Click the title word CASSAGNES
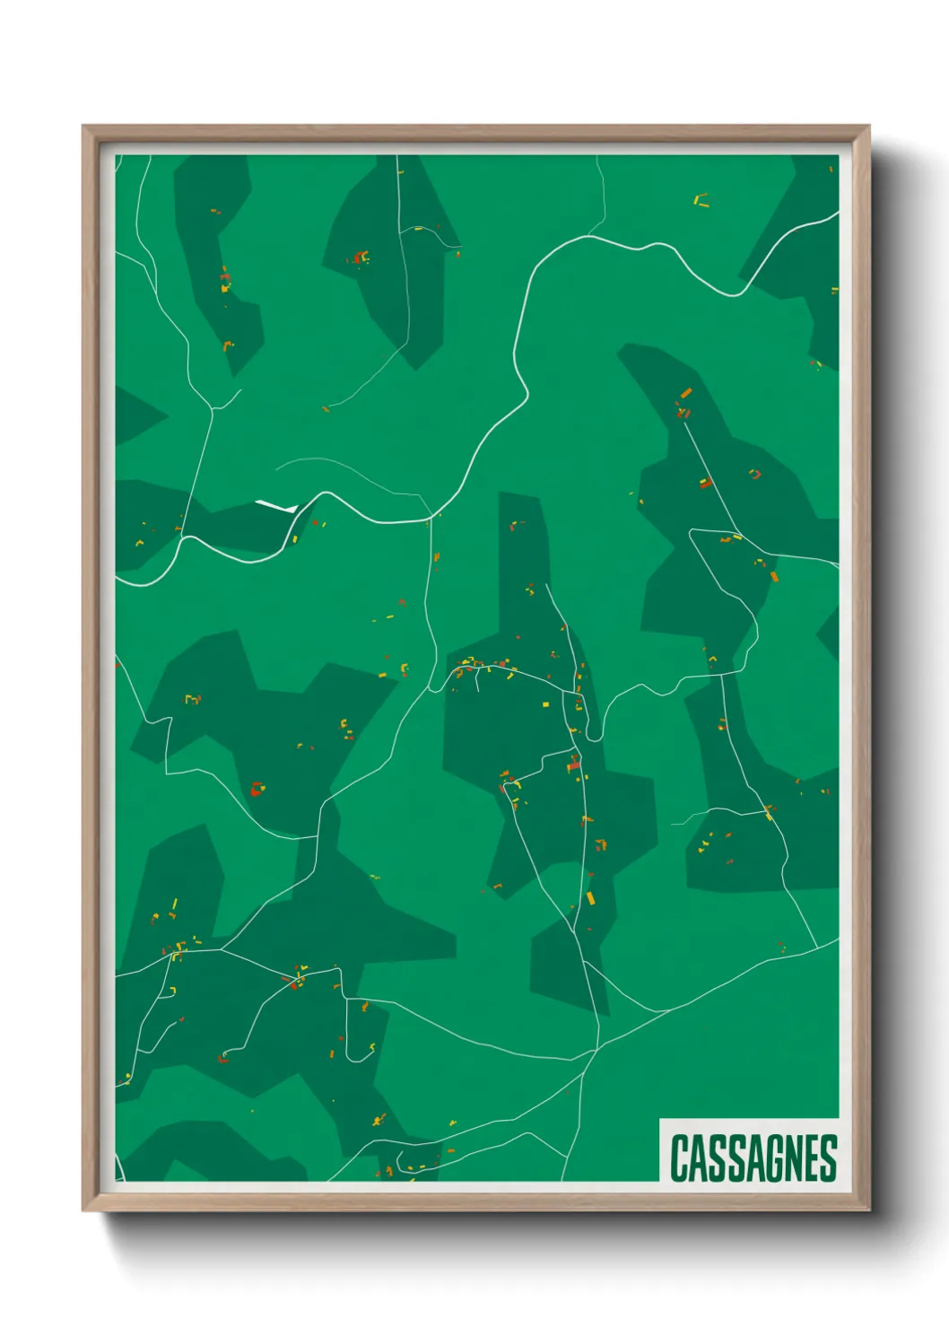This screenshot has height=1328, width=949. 753,1158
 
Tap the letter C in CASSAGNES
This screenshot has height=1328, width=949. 679,1158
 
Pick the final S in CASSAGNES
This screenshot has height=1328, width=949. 828,1158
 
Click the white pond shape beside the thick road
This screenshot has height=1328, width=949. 276,507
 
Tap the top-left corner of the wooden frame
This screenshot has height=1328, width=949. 84,127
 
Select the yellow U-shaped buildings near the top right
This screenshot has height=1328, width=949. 701,200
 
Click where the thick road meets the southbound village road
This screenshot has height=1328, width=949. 431,517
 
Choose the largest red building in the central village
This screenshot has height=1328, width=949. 574,765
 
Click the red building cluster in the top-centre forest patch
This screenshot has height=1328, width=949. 361,258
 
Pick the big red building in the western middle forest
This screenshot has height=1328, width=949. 257,790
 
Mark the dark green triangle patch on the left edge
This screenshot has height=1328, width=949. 135,415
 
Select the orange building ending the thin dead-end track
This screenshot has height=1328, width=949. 326,409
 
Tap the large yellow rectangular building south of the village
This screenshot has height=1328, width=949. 590,898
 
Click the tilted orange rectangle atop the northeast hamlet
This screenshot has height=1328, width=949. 686,393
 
